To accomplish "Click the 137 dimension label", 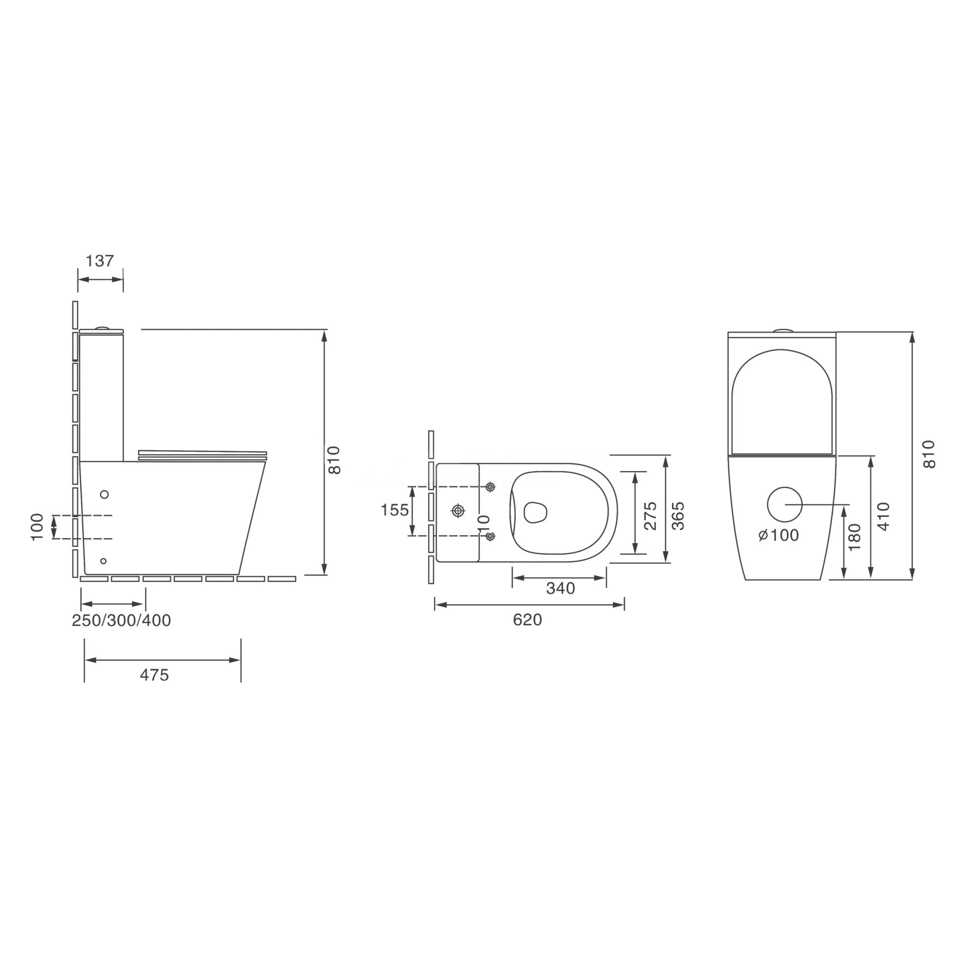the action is point(100,261).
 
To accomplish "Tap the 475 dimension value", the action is point(154,675).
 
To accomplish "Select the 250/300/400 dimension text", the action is point(122,620).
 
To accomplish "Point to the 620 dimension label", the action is point(527,620).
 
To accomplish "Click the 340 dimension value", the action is point(560,588).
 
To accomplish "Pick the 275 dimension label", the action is point(650,515).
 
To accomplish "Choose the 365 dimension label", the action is point(678,515).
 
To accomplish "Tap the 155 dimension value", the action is point(395,510).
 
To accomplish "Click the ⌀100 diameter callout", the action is point(778,535).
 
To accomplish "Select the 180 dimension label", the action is point(854,536).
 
